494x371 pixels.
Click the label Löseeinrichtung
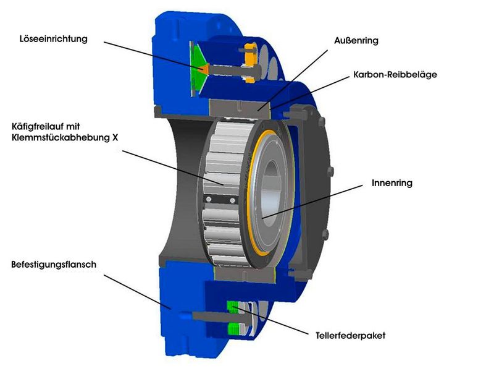click(x=53, y=39)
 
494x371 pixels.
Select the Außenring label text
click(x=356, y=40)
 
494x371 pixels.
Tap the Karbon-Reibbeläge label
click(x=395, y=74)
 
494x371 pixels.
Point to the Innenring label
click(x=392, y=183)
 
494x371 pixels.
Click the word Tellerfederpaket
click(x=350, y=335)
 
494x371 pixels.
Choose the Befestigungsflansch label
click(x=54, y=265)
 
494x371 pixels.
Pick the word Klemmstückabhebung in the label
click(x=60, y=138)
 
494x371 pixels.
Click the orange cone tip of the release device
click(x=204, y=69)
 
